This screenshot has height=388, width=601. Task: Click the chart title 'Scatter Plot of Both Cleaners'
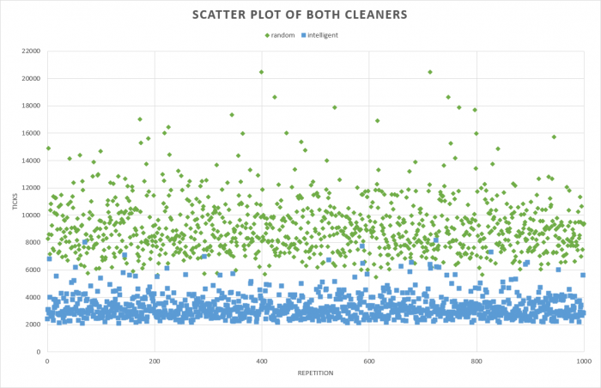pos(300,15)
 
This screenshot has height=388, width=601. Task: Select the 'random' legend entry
pos(283,34)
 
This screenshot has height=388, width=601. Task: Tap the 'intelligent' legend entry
pos(322,34)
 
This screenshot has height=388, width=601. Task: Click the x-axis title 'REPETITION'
pos(314,373)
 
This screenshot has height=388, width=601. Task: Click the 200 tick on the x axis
pos(155,361)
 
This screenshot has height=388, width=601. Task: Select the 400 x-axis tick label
pos(262,361)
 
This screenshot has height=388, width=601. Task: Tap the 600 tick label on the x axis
pos(369,361)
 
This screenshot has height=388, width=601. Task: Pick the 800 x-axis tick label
pos(477,361)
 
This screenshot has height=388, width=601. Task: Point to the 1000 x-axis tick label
pos(583,361)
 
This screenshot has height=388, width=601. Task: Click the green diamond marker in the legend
pos(266,34)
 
